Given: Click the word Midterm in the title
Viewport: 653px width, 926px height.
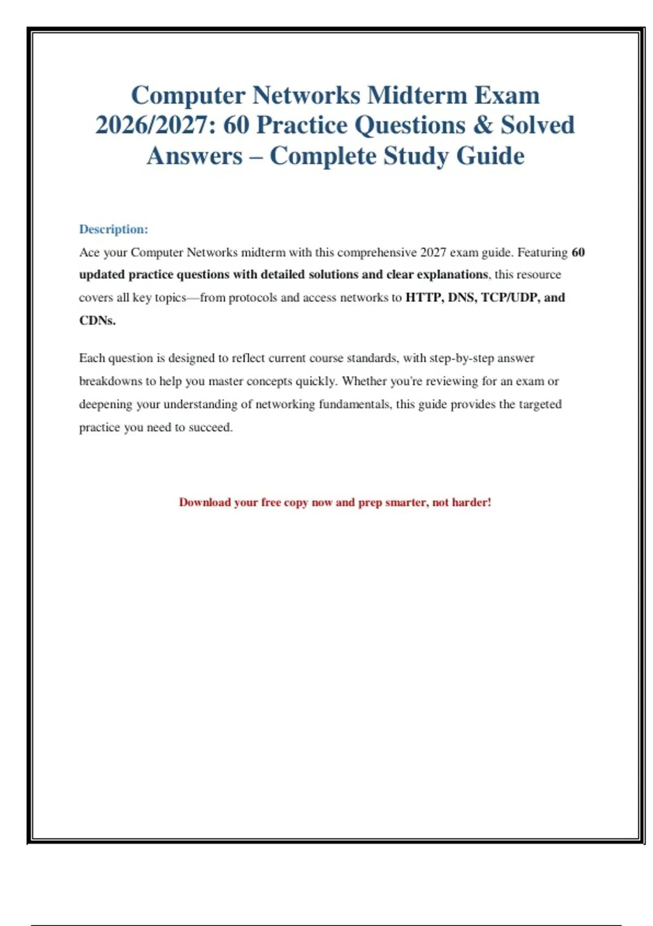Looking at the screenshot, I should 417,95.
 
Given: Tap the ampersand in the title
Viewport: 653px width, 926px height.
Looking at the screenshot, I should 483,125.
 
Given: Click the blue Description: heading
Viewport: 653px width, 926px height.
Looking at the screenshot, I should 113,229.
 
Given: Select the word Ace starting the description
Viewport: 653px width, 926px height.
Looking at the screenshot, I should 89,253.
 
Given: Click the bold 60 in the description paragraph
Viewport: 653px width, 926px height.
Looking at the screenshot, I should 578,253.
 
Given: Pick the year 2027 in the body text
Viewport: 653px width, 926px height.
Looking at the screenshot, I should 433,253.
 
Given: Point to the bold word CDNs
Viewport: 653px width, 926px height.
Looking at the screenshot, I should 97,321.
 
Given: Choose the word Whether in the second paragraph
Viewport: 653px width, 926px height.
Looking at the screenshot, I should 363,381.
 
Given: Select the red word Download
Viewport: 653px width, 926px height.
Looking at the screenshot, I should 205,502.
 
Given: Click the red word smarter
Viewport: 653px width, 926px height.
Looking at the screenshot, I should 405,502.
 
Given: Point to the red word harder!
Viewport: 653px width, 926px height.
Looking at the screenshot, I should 471,502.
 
